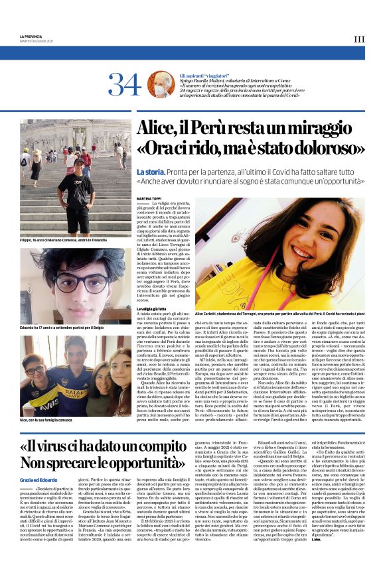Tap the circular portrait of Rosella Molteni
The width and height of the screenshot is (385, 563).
(161, 84)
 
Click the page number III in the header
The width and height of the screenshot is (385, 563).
(359, 40)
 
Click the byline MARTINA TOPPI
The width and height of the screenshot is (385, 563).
(149, 198)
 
